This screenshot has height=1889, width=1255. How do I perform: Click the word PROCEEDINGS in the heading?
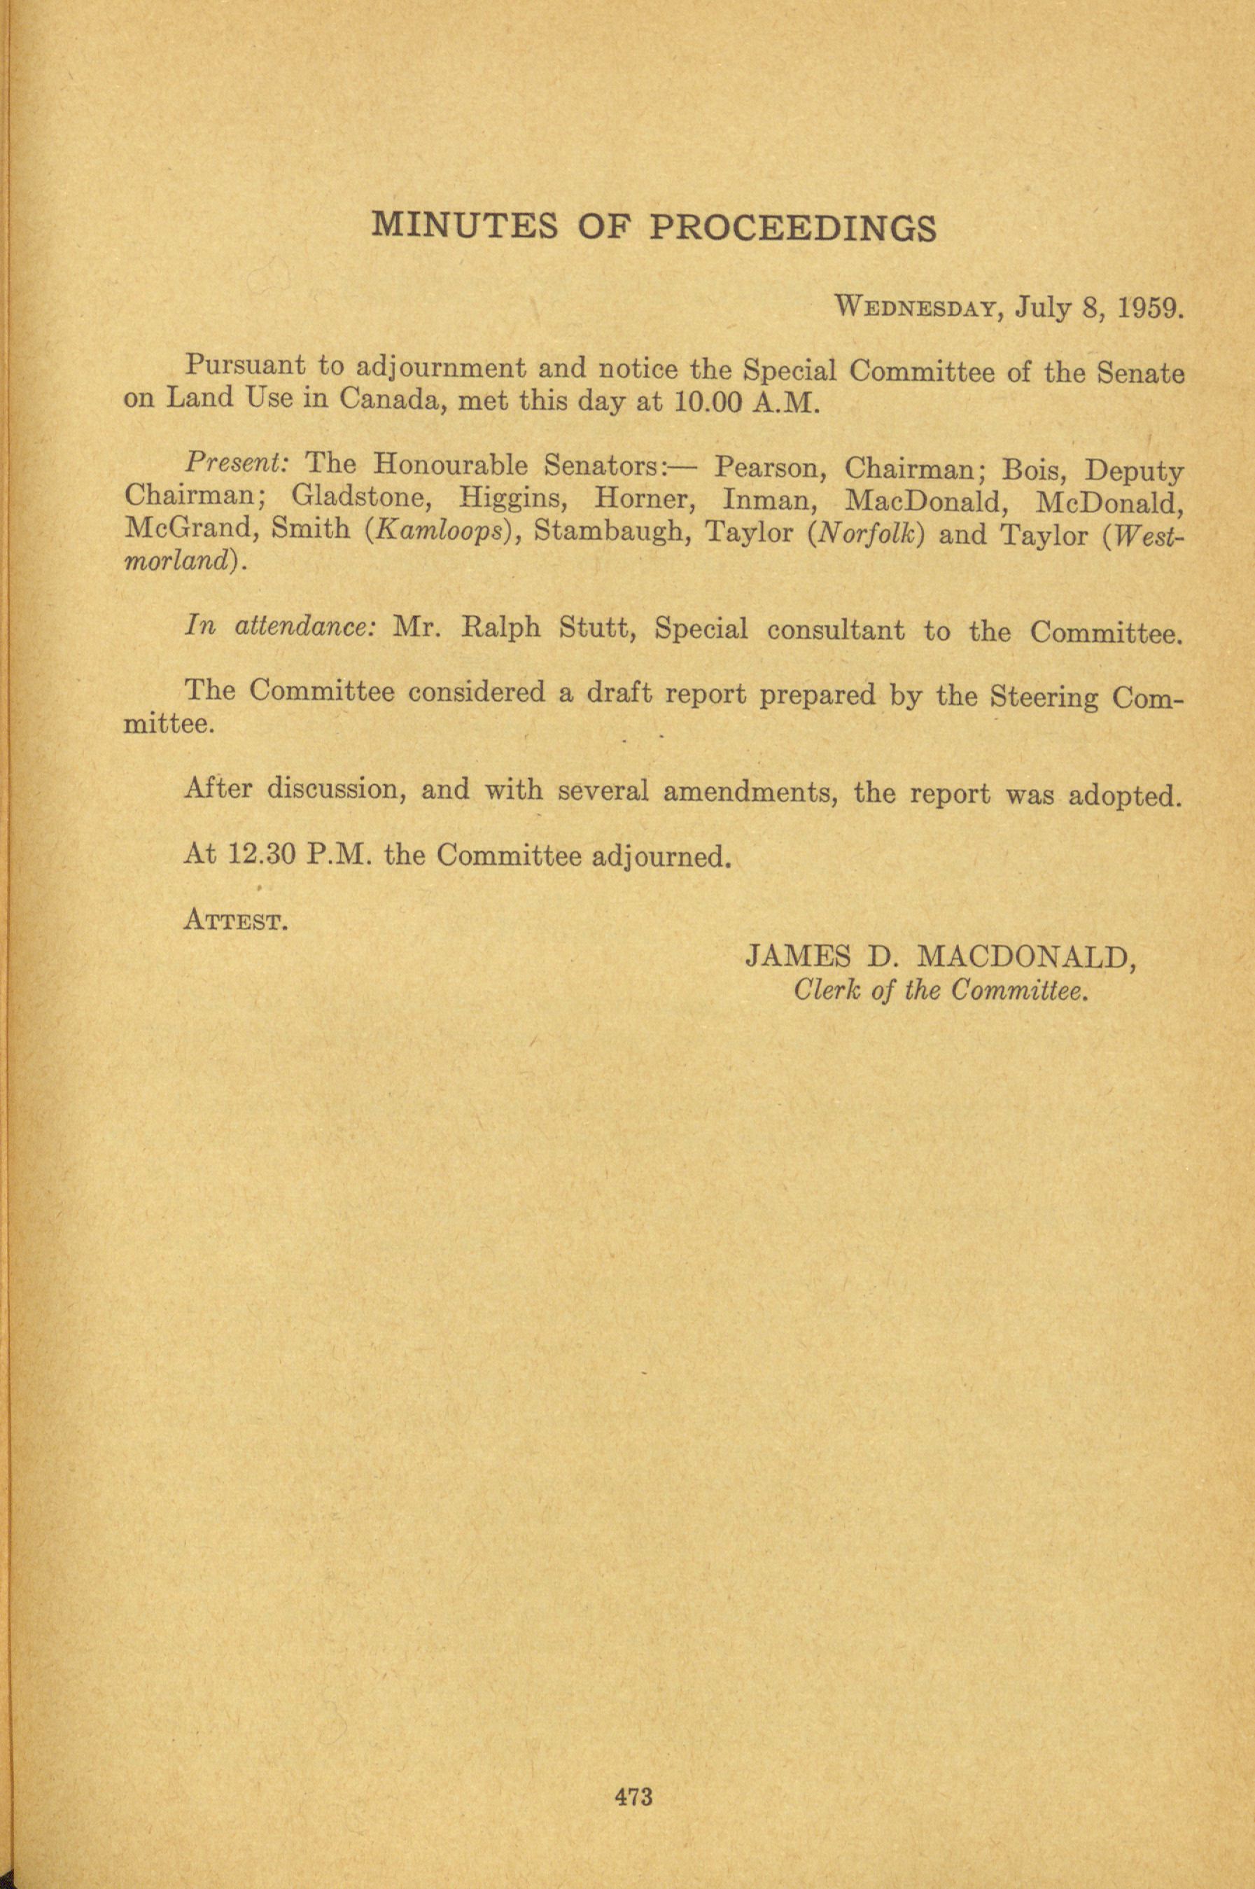coord(791,228)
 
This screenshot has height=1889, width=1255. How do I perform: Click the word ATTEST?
coord(236,920)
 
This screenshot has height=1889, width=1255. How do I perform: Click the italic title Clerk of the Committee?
coord(941,991)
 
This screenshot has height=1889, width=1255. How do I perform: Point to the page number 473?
coord(634,1775)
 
